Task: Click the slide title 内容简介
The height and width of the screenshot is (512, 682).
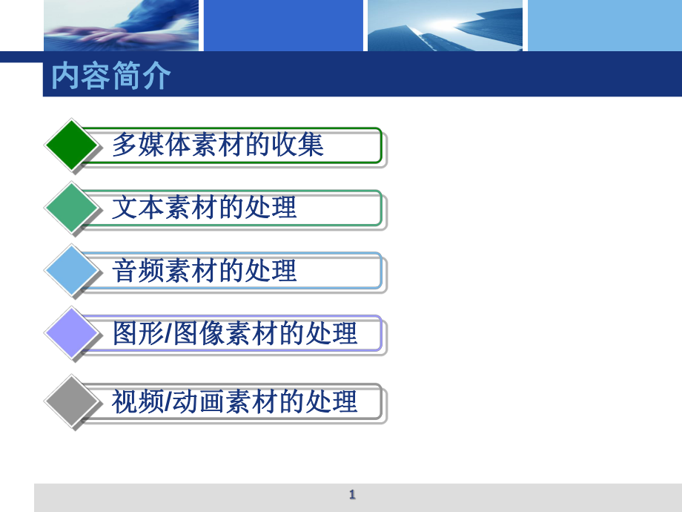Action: click(x=111, y=76)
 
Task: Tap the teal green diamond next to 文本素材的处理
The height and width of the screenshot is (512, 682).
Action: click(x=72, y=208)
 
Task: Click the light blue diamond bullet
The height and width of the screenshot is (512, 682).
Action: click(x=72, y=271)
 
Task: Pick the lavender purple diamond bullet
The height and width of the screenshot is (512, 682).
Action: click(x=72, y=333)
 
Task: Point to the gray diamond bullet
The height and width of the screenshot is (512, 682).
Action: click(x=72, y=401)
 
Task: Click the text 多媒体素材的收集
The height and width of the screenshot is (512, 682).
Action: click(x=218, y=145)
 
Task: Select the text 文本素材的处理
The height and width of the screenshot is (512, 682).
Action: click(x=204, y=208)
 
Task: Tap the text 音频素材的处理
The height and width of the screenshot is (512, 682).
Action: click(x=204, y=271)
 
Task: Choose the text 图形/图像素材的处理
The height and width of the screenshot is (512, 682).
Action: click(x=235, y=334)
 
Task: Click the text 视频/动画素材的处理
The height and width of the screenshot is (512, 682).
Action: click(x=235, y=401)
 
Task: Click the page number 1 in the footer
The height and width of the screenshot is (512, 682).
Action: click(x=352, y=495)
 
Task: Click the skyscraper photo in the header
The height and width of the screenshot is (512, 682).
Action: click(x=444, y=25)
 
